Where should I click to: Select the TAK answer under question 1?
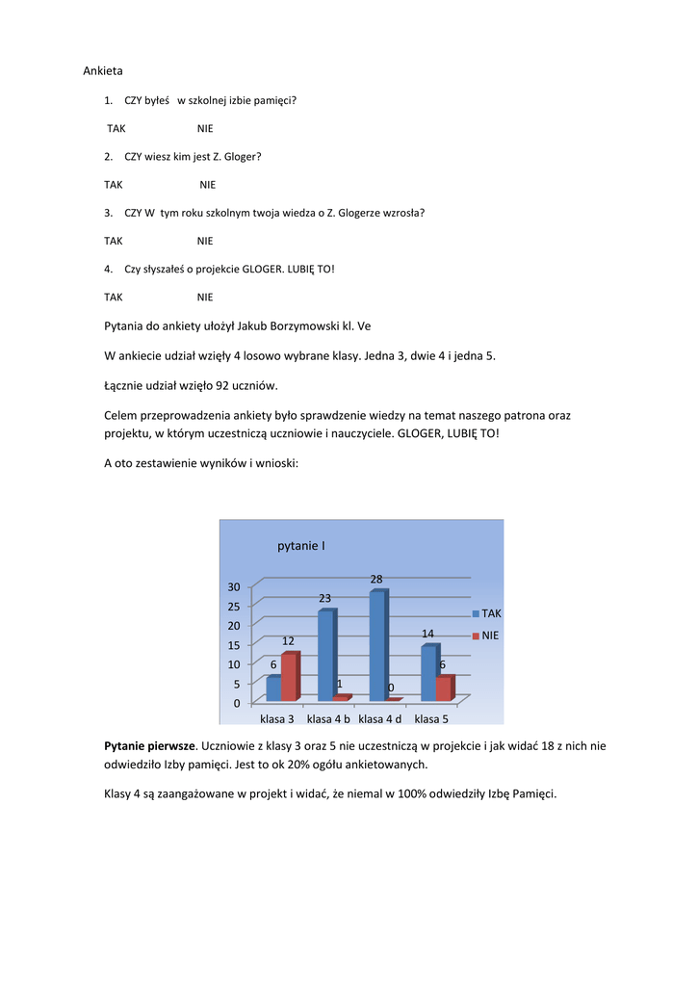point(116,128)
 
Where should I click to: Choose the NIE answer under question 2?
point(208,184)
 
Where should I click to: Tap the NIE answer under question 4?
point(205,297)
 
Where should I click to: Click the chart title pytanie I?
point(301,546)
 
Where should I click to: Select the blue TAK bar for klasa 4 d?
point(377,645)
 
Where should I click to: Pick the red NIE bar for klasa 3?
point(290,677)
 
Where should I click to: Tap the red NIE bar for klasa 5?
point(443,688)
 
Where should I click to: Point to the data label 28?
point(376,580)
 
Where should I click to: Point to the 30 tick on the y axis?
point(234,586)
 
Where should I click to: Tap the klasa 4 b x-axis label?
point(328,719)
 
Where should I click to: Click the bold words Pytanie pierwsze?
point(149,745)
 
